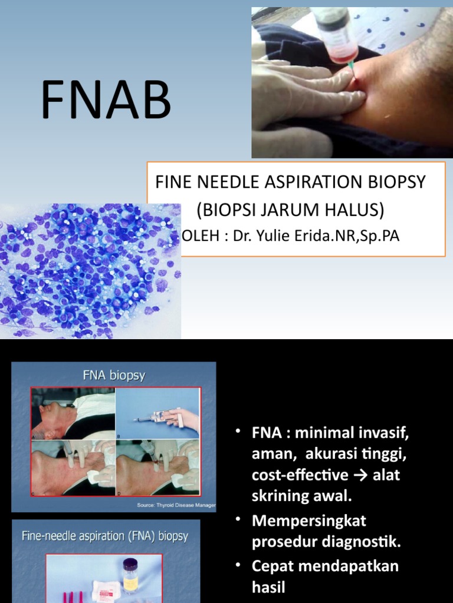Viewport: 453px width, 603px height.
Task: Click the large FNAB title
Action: [106, 101]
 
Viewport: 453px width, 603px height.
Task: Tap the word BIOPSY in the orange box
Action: [399, 182]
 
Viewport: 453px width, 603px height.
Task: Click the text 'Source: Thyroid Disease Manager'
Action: [176, 505]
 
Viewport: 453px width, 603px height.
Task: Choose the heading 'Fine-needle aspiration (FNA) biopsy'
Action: [105, 536]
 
